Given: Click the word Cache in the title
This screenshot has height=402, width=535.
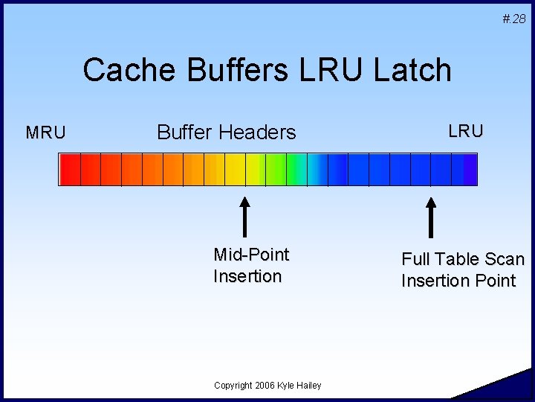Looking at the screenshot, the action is (129, 69).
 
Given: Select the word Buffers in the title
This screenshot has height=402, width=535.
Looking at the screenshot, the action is (238, 69).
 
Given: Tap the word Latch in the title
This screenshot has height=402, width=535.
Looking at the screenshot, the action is (412, 69).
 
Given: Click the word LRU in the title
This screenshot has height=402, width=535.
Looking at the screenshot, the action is (331, 69).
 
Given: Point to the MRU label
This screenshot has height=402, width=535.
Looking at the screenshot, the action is (46, 133).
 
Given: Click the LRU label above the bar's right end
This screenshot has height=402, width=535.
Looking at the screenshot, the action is (466, 131).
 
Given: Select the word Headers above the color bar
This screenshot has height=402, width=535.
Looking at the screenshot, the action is (256, 132).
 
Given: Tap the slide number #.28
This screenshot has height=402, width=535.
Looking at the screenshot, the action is (514, 19).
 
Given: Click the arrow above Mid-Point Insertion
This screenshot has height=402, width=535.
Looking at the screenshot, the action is (244, 217).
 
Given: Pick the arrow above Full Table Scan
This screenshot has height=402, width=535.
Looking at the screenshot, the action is (431, 217).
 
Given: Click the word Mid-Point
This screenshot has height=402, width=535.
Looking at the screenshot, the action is (251, 255).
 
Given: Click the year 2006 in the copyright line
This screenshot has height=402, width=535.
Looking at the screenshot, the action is (265, 386).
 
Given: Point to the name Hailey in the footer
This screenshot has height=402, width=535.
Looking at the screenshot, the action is (309, 386).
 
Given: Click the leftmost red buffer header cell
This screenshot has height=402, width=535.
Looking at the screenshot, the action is (70, 170).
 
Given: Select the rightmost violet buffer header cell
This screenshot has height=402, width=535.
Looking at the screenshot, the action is (464, 170).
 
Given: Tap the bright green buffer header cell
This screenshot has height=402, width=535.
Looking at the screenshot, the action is (276, 170).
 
